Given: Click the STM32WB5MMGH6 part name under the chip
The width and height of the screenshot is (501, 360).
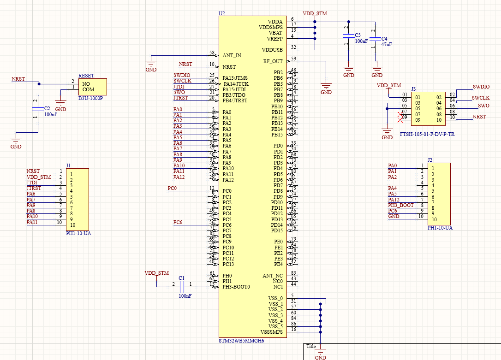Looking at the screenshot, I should point(241,341).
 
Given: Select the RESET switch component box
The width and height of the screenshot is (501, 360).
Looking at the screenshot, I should point(92,86).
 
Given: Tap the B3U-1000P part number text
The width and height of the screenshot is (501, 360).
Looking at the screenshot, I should point(90,98).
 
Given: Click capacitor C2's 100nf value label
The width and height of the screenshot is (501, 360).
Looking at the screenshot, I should point(50,114).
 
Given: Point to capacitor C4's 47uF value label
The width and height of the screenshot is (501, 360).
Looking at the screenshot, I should point(387,44).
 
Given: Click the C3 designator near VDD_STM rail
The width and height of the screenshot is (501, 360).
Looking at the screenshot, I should point(358,35).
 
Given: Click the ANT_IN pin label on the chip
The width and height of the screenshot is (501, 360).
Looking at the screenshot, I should point(232,55).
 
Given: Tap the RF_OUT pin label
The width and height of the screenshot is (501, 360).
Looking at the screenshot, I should point(273,61).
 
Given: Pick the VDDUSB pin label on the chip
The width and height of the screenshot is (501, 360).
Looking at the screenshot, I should point(272,50).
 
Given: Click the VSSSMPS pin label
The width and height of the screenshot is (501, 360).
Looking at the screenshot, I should point(271,332).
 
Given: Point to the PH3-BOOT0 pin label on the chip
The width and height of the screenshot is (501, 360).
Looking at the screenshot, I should point(236,287).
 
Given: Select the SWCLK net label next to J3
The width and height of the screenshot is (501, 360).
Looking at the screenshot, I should point(480,98).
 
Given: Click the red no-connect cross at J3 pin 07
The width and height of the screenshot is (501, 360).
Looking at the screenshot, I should point(400,115).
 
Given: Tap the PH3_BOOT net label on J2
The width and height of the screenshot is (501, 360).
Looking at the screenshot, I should point(400,205).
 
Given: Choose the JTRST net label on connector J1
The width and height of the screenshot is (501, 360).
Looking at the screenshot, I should point(34,188).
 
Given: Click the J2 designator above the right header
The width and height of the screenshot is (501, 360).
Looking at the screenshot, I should point(430,160).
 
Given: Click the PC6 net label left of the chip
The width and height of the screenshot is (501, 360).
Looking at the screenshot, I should point(178,222).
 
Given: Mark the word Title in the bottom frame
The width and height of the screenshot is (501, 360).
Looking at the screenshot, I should point(311,347).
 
